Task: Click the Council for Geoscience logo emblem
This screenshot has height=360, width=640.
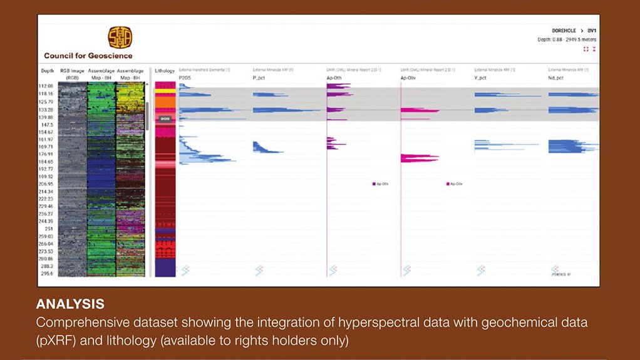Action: click(x=120, y=38)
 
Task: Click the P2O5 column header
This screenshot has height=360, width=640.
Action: click(x=185, y=78)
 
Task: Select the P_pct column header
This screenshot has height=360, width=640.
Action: click(x=260, y=78)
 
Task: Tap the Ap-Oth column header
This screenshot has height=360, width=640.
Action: click(x=334, y=78)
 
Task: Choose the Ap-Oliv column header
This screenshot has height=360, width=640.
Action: click(x=409, y=78)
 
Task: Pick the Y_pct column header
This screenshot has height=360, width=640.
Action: click(x=482, y=78)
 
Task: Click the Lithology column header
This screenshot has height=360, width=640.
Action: click(x=165, y=71)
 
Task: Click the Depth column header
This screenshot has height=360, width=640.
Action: click(x=48, y=71)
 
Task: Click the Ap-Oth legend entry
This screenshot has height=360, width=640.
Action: click(x=380, y=184)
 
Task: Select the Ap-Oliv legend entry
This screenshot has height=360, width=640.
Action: click(x=454, y=184)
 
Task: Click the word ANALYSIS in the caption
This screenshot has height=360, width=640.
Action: click(x=70, y=305)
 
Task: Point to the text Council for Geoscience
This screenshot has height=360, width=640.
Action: click(x=88, y=56)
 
